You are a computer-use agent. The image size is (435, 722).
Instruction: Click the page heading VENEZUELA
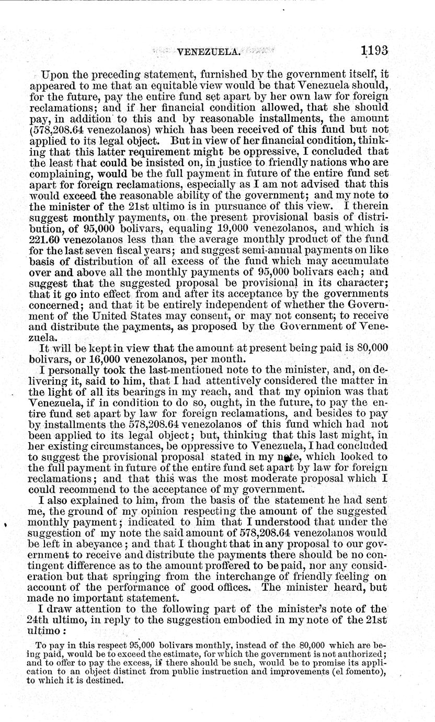click(x=209, y=51)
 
